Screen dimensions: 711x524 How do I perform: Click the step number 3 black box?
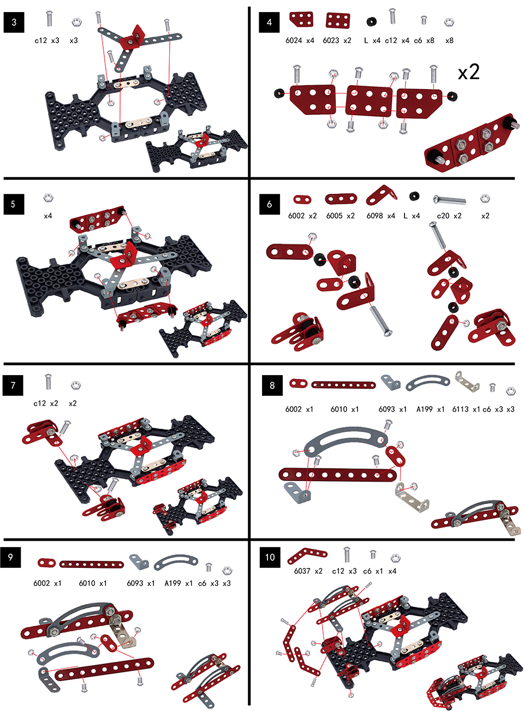(14, 22)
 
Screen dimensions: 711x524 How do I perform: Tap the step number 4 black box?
(269, 22)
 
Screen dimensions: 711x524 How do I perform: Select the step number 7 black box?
(13, 385)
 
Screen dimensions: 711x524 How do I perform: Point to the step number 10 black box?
(270, 557)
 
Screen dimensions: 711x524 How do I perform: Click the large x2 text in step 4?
(468, 72)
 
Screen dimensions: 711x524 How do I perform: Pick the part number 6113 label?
(460, 409)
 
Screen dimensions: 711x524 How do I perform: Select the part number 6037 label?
(302, 571)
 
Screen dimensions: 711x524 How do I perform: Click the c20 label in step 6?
(443, 216)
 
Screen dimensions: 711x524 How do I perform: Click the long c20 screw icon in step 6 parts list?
(449, 199)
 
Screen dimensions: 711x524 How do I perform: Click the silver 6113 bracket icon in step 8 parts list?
(467, 381)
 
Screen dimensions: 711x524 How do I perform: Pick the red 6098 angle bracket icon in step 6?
(381, 195)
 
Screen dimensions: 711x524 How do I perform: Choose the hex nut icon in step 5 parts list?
(48, 198)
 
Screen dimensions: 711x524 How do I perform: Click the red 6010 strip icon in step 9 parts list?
(92, 564)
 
